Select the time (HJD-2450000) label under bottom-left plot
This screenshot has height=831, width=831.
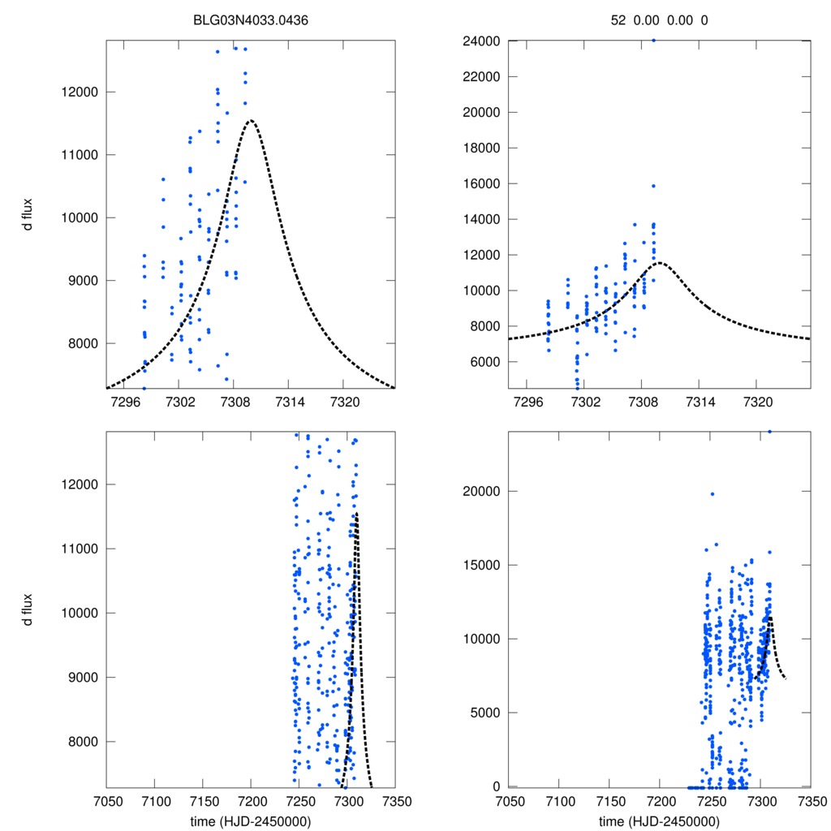(x=251, y=821)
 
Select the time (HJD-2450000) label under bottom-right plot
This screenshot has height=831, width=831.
(x=659, y=821)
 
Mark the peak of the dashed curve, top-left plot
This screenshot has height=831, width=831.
(x=250, y=121)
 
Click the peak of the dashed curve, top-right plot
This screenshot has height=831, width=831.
(x=658, y=262)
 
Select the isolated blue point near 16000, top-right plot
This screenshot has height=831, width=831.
(x=653, y=186)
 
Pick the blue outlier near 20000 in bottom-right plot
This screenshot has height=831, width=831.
(x=712, y=493)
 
